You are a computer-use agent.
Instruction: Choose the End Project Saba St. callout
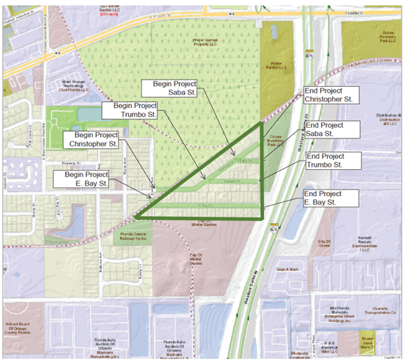(332, 129)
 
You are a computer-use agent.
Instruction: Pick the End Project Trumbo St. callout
(334, 160)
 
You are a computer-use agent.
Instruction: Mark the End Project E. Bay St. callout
(331, 198)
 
